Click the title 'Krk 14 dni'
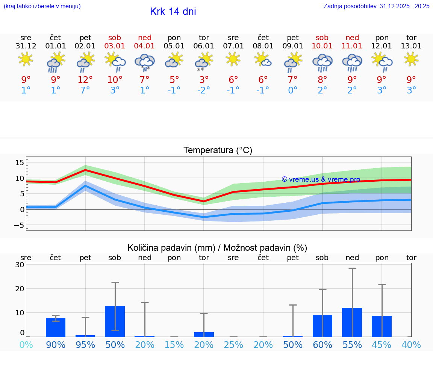tap(173, 12)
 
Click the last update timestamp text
tap(376, 6)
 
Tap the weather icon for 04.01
tap(145, 62)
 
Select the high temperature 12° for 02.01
tap(85, 80)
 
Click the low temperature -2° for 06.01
tap(204, 90)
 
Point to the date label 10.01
tap(322, 46)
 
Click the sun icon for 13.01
tap(411, 59)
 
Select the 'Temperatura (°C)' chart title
tap(218, 151)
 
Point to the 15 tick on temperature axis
tap(20, 163)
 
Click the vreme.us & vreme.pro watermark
tap(321, 179)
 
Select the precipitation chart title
tap(217, 248)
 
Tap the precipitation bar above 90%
tap(56, 327)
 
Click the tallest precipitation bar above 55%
tap(352, 322)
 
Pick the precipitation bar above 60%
tap(322, 326)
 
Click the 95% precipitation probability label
tap(85, 345)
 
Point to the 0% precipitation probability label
tap(26, 345)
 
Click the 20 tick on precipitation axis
tap(20, 289)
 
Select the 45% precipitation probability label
tap(382, 345)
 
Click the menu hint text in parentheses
tap(42, 6)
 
